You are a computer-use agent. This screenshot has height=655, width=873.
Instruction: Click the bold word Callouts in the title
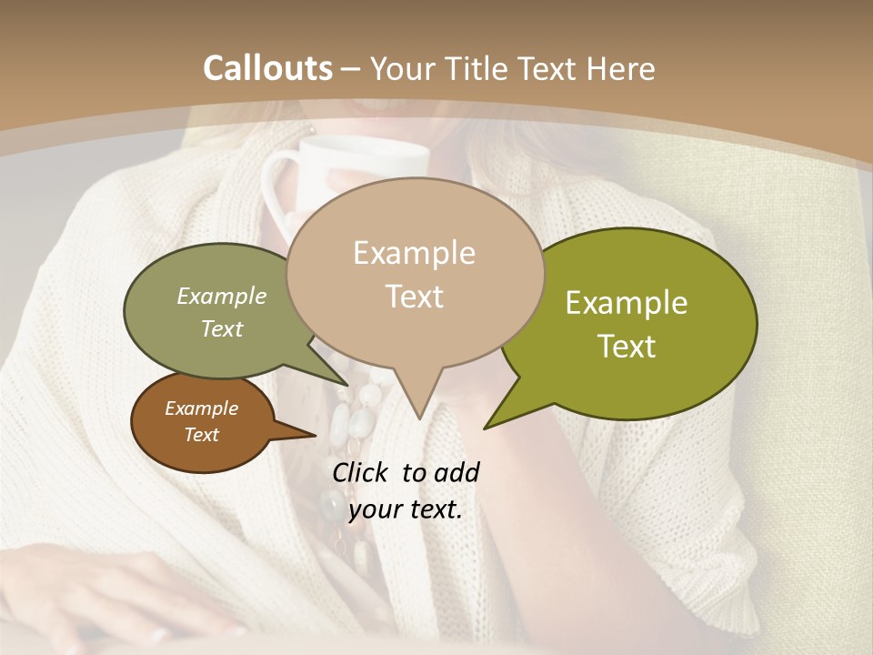click(267, 68)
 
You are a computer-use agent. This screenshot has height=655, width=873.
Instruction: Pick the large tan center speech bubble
click(415, 273)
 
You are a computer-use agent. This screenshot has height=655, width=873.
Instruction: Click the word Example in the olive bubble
click(627, 303)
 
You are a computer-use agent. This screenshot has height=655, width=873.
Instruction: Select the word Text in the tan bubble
click(415, 297)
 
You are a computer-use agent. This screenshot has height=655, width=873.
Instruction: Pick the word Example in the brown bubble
click(202, 408)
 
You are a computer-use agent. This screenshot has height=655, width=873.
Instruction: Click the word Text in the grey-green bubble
click(222, 328)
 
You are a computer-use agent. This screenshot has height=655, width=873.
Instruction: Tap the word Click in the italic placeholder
click(362, 472)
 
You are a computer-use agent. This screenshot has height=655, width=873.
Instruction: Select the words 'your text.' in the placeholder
click(406, 509)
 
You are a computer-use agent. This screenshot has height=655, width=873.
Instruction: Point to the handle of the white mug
click(276, 186)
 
